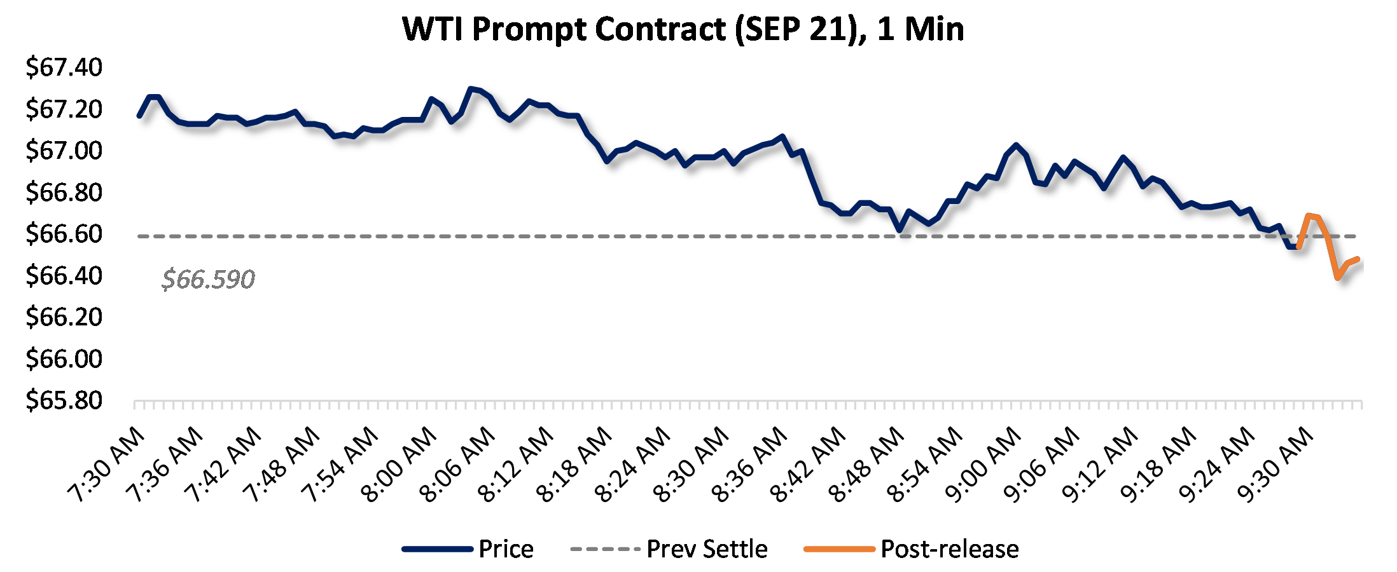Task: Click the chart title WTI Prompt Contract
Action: (x=683, y=29)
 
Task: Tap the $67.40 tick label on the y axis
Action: (x=64, y=67)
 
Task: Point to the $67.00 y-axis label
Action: (x=64, y=151)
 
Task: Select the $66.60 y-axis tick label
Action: (x=64, y=234)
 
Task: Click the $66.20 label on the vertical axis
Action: (x=64, y=317)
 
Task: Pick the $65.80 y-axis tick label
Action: (x=64, y=400)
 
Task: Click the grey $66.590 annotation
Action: (x=208, y=280)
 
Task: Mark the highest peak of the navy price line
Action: (x=471, y=89)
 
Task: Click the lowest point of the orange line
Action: (x=1338, y=277)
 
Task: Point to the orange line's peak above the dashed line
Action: (x=1309, y=215)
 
